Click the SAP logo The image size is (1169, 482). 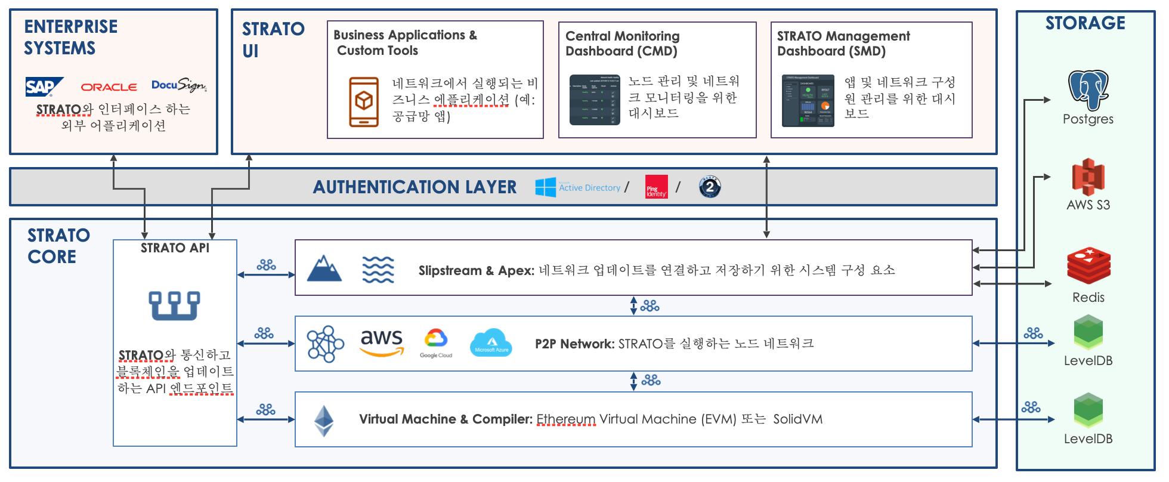pyautogui.click(x=43, y=87)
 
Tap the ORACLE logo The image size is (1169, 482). pyautogui.click(x=109, y=87)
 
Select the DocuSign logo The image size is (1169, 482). pyautogui.click(x=178, y=85)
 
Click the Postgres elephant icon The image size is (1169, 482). pyautogui.click(x=1088, y=90)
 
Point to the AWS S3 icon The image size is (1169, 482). pyautogui.click(x=1088, y=177)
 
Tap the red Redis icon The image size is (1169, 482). pyautogui.click(x=1088, y=267)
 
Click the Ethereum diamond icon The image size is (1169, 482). pyautogui.click(x=324, y=421)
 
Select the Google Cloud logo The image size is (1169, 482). pyautogui.click(x=436, y=343)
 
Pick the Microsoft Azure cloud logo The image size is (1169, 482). pyautogui.click(x=491, y=343)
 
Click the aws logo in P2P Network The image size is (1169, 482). pyautogui.click(x=382, y=342)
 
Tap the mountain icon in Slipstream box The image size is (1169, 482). pyautogui.click(x=324, y=269)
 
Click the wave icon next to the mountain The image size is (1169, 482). pyautogui.click(x=378, y=270)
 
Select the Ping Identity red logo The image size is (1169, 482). pyautogui.click(x=656, y=187)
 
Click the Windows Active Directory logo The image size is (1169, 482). pyautogui.click(x=546, y=187)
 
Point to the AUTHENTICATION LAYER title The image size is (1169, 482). pyautogui.click(x=415, y=187)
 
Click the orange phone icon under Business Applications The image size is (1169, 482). pyautogui.click(x=364, y=102)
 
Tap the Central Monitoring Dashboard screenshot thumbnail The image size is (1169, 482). pyautogui.click(x=595, y=100)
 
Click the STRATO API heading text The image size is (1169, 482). pyautogui.click(x=175, y=248)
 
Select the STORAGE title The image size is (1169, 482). pyautogui.click(x=1085, y=23)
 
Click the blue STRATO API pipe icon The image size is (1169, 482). pyautogui.click(x=174, y=305)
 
